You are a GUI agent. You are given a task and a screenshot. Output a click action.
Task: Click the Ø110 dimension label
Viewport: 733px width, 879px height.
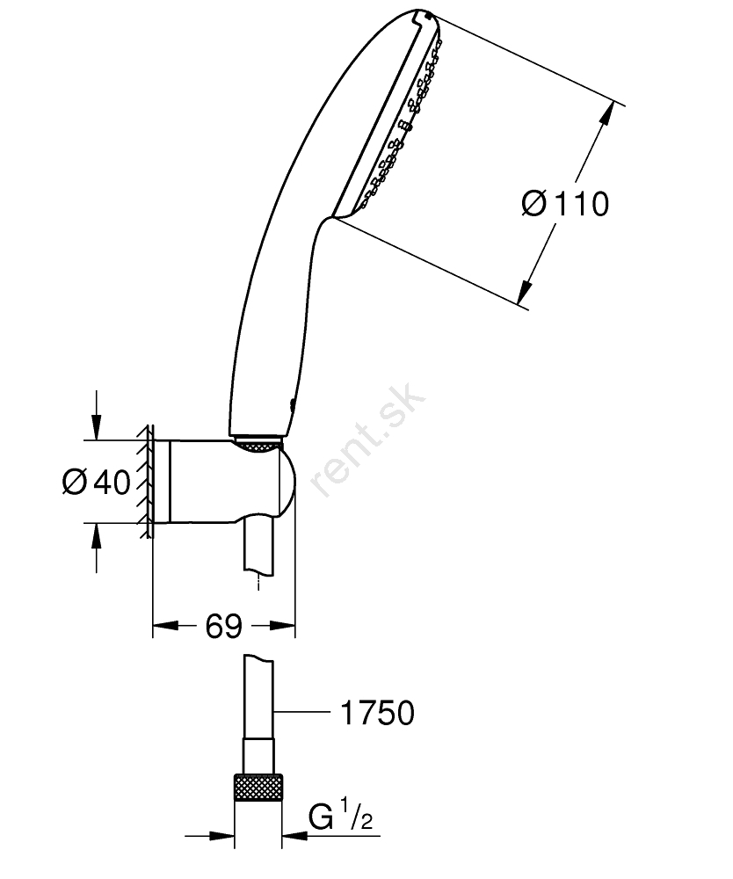(564, 204)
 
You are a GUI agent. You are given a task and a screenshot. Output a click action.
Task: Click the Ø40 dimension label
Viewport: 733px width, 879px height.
(96, 482)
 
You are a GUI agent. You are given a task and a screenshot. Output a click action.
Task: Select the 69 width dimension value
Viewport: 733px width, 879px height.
(223, 626)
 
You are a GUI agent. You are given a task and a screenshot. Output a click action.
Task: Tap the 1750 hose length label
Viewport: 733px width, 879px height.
(378, 713)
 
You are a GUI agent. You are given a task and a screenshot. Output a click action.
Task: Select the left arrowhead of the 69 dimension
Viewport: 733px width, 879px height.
(166, 626)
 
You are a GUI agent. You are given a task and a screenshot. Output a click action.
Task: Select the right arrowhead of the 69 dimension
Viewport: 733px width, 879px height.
(282, 626)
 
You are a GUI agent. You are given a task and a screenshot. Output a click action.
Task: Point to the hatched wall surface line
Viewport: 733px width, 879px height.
(147, 482)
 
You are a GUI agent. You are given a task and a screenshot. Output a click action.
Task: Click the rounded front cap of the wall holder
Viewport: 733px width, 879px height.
(287, 482)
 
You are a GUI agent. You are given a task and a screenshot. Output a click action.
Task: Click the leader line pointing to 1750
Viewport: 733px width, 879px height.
(301, 712)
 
